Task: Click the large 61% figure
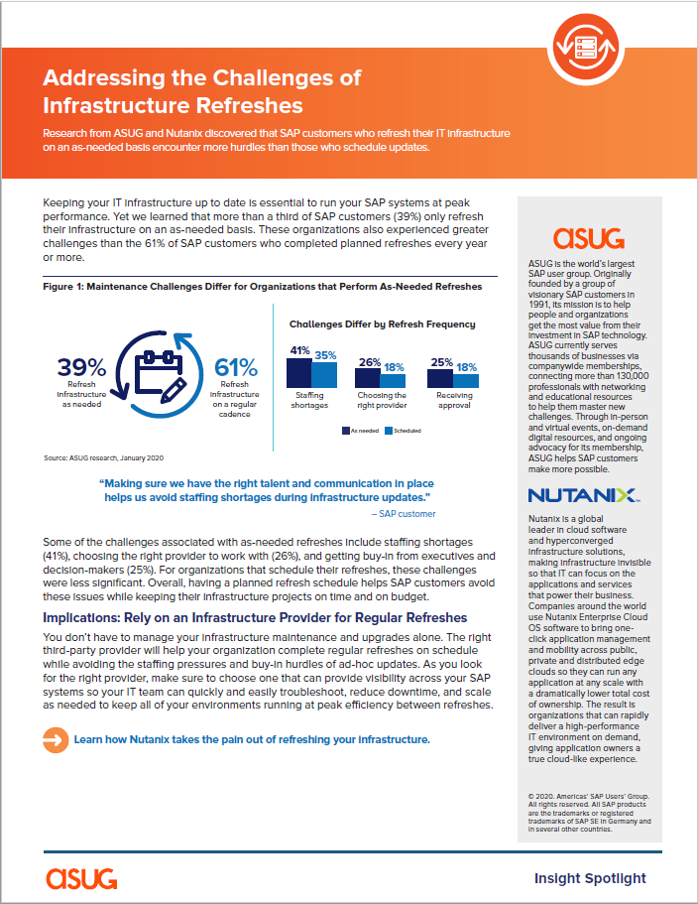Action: [235, 366]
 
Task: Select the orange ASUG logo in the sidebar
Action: [588, 237]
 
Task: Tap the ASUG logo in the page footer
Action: [81, 877]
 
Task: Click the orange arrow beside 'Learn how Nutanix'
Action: [55, 738]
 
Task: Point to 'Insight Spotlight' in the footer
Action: [589, 877]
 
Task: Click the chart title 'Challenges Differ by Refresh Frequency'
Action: [382, 323]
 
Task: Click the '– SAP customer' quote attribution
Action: [403, 514]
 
